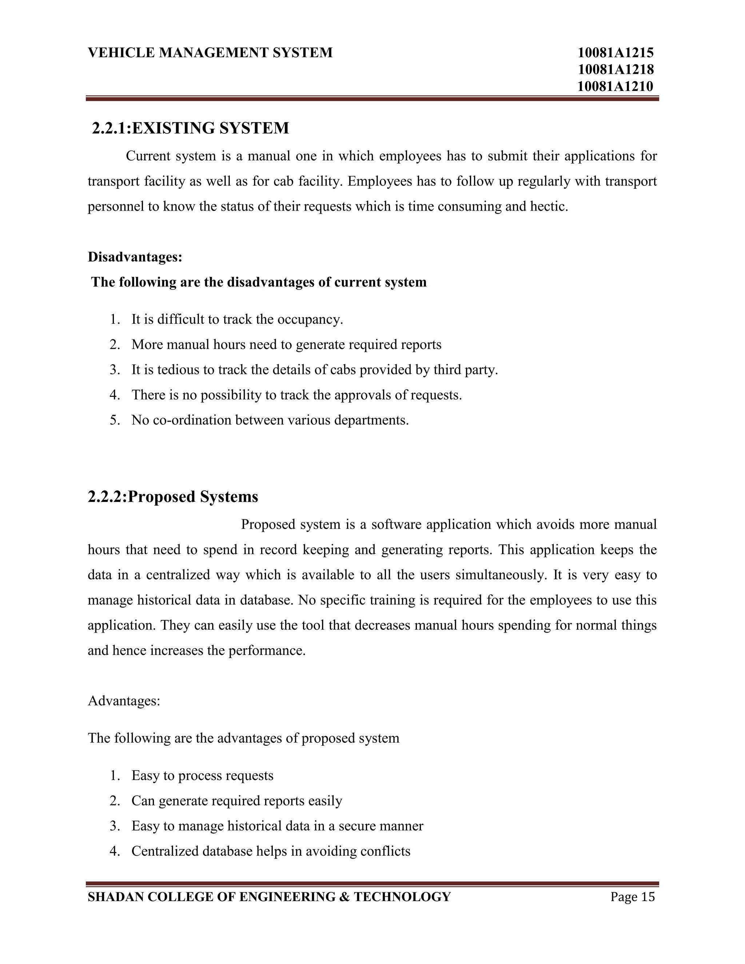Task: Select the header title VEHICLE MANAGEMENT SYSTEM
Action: [210, 52]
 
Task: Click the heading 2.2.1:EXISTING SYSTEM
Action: [190, 128]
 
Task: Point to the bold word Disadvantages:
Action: [135, 256]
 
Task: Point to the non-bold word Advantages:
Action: [124, 701]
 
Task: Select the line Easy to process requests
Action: [202, 775]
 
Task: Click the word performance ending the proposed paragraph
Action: [266, 650]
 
